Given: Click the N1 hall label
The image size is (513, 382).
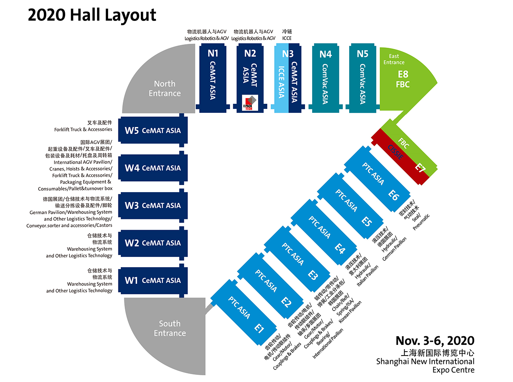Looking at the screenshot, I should click(x=213, y=53).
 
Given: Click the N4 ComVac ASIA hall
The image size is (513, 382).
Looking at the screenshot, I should click(x=326, y=79).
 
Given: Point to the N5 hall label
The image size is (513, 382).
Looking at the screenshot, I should click(x=362, y=54).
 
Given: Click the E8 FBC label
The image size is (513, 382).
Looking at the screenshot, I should click(x=403, y=79).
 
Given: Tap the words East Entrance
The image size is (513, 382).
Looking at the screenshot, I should click(x=394, y=59).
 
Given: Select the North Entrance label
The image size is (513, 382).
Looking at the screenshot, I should click(x=165, y=88).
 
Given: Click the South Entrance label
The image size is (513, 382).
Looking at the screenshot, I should click(x=170, y=328).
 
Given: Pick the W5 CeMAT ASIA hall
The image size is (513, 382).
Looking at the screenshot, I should click(x=153, y=130).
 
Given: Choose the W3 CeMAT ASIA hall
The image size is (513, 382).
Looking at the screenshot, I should click(x=153, y=205).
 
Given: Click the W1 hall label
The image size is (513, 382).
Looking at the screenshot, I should click(x=131, y=281).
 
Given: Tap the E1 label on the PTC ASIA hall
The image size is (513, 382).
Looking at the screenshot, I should click(x=259, y=328).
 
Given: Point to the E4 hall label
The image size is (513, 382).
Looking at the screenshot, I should click(x=340, y=249).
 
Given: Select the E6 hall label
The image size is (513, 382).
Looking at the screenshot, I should click(x=393, y=195).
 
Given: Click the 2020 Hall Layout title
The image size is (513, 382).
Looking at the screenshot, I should click(x=92, y=15).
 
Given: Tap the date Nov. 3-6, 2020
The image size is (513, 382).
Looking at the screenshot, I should click(x=435, y=341).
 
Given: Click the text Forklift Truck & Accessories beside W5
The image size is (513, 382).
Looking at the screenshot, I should click(x=83, y=129).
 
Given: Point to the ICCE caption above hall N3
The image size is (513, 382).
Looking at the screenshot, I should click(x=287, y=38).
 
